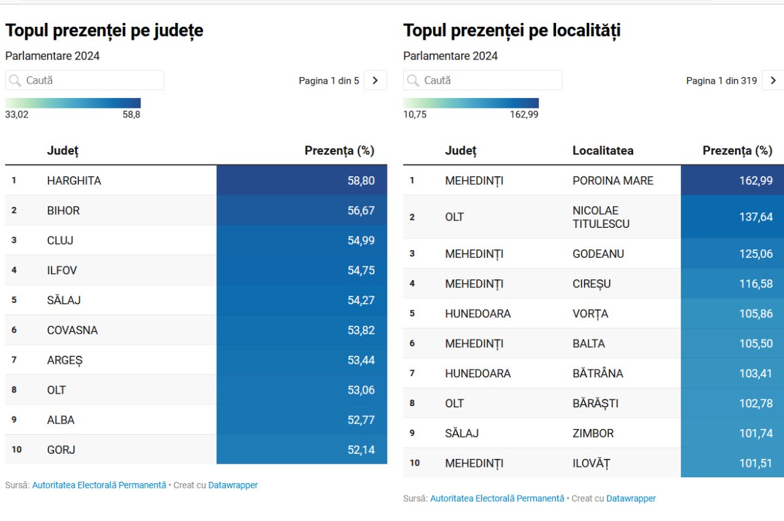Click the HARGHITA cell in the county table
coord(74,181)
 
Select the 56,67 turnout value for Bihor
coord(361,211)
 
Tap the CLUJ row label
coord(60,240)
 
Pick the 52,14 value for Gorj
coord(361,450)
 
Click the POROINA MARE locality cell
coord(613,181)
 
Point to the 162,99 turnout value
coord(756,181)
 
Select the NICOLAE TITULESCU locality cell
coord(601,217)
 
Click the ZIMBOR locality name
coord(593,434)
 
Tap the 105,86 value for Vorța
coord(756,313)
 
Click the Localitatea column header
coord(603,151)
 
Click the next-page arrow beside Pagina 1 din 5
coord(375,80)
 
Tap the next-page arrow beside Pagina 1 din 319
coord(773,80)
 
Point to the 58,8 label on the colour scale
coord(131,115)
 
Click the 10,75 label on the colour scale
coord(415,115)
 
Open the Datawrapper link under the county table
coord(233,485)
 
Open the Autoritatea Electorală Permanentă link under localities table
coord(497,498)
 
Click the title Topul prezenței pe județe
coord(105,31)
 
